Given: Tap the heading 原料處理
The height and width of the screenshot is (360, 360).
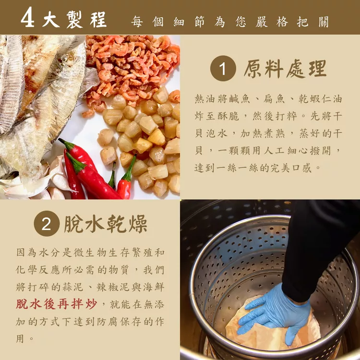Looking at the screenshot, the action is (x=285, y=69).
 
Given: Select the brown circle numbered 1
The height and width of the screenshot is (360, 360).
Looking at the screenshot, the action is (x=223, y=69).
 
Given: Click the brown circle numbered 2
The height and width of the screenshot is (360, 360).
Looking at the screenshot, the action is (x=47, y=224).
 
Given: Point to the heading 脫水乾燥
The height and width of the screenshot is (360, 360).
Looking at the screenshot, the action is (x=106, y=224).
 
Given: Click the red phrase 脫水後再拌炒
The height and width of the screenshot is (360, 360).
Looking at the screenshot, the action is (x=57, y=304).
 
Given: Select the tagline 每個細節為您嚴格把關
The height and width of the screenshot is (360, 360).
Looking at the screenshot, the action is (x=230, y=22).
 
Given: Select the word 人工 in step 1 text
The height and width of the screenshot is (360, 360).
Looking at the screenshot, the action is (x=275, y=151).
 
